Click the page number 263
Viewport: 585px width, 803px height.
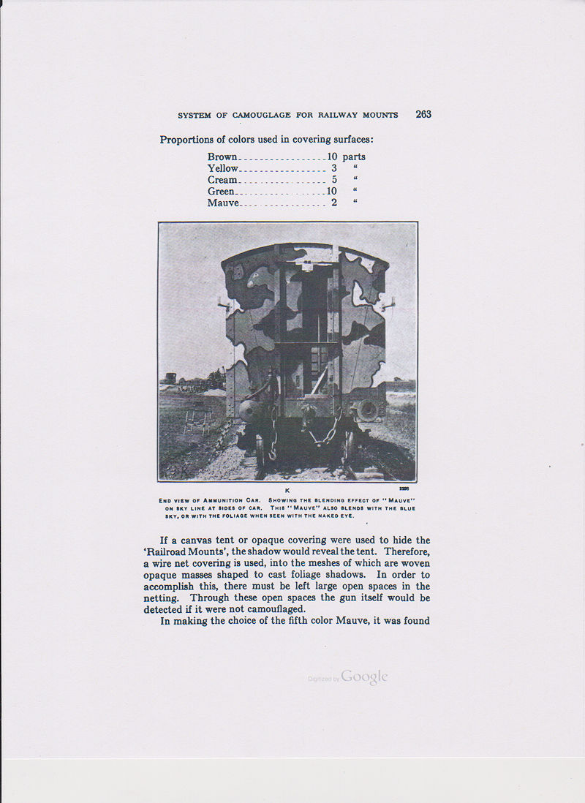pyautogui.click(x=423, y=114)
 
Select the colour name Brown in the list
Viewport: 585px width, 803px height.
pyautogui.click(x=222, y=157)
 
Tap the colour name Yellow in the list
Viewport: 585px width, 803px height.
pyautogui.click(x=223, y=168)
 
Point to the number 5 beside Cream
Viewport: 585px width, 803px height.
pyautogui.click(x=334, y=180)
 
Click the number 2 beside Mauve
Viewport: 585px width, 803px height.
pyautogui.click(x=334, y=203)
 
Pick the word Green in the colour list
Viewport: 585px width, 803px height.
pyautogui.click(x=221, y=192)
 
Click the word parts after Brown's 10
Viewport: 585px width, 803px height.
pyautogui.click(x=354, y=157)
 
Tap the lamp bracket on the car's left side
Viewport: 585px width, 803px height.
pyautogui.click(x=222, y=301)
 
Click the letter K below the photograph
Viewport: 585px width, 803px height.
pyautogui.click(x=287, y=490)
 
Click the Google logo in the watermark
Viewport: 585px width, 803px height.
pyautogui.click(x=363, y=677)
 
